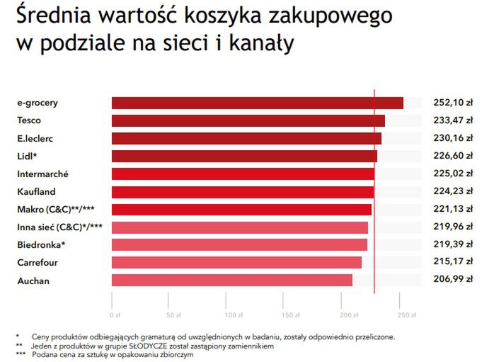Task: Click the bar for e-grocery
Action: coord(257,103)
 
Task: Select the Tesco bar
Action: coord(248,120)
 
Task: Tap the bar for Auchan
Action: coord(231,281)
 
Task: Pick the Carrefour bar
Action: coord(236,263)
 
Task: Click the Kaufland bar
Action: coord(242,192)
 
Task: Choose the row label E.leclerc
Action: coord(35,138)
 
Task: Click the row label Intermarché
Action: coord(42,174)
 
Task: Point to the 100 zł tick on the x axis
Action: coord(229,313)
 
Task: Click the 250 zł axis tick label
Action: coord(406,313)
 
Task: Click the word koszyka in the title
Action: coord(224,15)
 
